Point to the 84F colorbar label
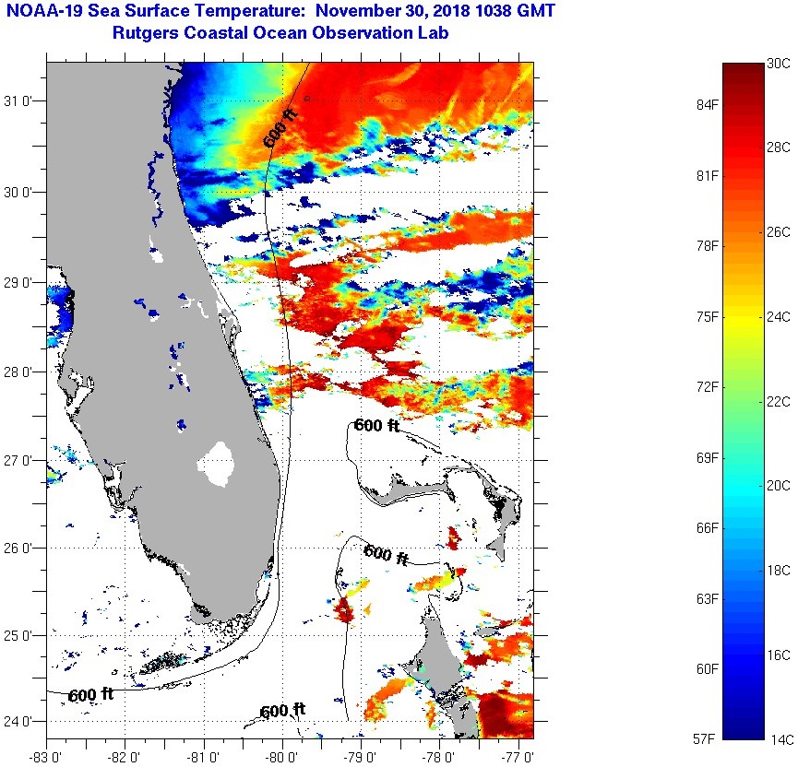coord(708,104)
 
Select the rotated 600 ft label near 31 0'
coord(281,129)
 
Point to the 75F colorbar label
coord(708,316)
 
